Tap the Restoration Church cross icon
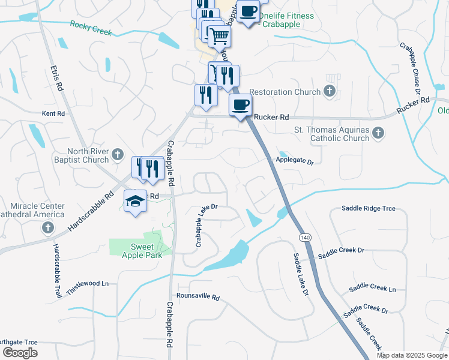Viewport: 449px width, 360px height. [x=329, y=92]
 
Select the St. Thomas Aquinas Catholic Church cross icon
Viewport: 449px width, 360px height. [x=378, y=133]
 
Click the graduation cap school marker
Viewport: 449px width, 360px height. [x=136, y=201]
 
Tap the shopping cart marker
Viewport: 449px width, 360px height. [x=220, y=37]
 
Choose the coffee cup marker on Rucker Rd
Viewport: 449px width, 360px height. [x=240, y=105]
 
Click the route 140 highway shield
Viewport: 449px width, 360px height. [x=298, y=238]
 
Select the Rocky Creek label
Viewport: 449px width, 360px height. [x=91, y=28]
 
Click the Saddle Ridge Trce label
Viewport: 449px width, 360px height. [x=369, y=208]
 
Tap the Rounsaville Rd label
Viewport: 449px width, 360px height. [x=198, y=297]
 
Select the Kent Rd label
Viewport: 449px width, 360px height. [x=53, y=113]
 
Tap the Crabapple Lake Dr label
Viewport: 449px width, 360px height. [x=205, y=224]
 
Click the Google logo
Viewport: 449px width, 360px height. [x=20, y=353]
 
